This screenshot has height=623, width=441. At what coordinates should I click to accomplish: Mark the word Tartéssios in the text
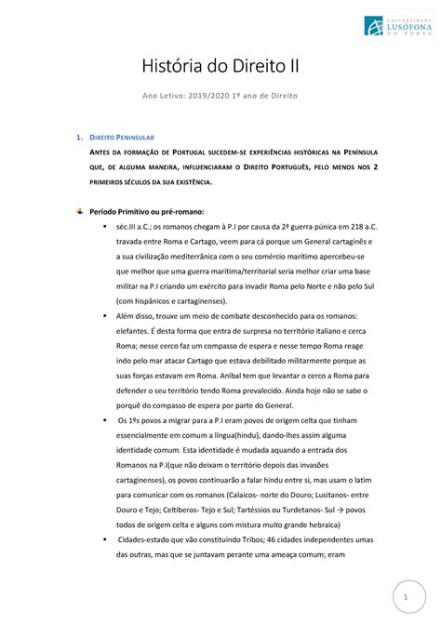[x=273, y=510]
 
